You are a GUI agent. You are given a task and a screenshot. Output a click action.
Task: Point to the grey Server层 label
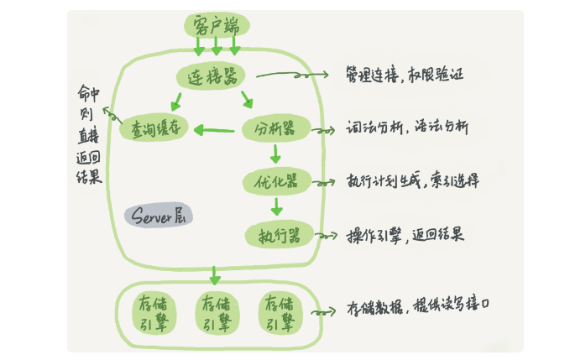159,215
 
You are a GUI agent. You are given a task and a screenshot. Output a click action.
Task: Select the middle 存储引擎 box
216,313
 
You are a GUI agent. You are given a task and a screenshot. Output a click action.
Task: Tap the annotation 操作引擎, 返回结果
405,234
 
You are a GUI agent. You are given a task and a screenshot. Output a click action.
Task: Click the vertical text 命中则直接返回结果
87,134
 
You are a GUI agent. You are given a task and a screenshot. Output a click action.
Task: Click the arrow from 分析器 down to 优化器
275,154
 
